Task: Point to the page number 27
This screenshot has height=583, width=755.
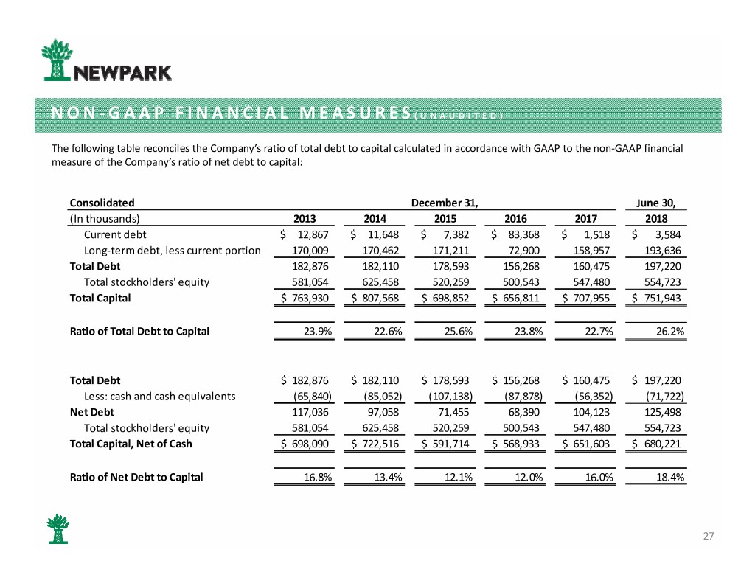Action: pyautogui.click(x=708, y=536)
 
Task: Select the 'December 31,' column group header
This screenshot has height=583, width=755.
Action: pyautogui.click(x=444, y=202)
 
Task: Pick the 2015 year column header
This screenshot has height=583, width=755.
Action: pyautogui.click(x=445, y=218)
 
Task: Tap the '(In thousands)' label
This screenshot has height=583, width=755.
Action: pyautogui.click(x=105, y=218)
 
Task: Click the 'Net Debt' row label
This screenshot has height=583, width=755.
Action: pyautogui.click(x=91, y=412)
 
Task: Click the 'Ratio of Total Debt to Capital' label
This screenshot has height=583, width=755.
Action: pyautogui.click(x=139, y=331)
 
